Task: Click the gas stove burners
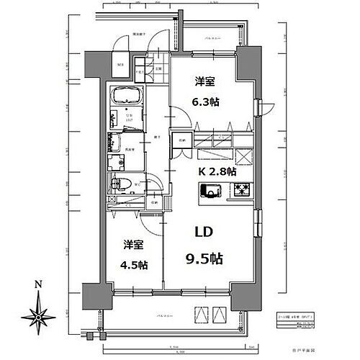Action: coord(240,191)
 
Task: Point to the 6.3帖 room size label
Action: coord(206,102)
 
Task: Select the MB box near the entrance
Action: coord(120,69)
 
